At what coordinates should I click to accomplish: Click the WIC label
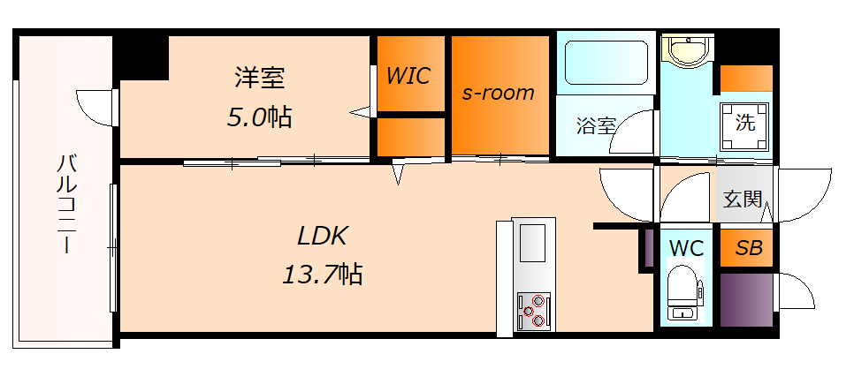point(408,76)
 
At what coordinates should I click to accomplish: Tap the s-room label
point(499,93)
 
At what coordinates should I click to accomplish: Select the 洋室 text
point(259,78)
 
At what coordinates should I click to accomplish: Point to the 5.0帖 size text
point(259,117)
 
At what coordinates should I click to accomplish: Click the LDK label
point(323,236)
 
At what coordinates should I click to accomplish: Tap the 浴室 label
point(596,125)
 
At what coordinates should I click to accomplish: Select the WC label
point(686,248)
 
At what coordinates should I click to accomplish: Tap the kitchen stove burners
point(533,310)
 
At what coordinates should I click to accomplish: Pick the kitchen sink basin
point(532,242)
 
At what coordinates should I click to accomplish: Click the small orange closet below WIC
point(411,137)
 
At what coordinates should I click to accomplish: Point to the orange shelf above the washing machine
point(746,78)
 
